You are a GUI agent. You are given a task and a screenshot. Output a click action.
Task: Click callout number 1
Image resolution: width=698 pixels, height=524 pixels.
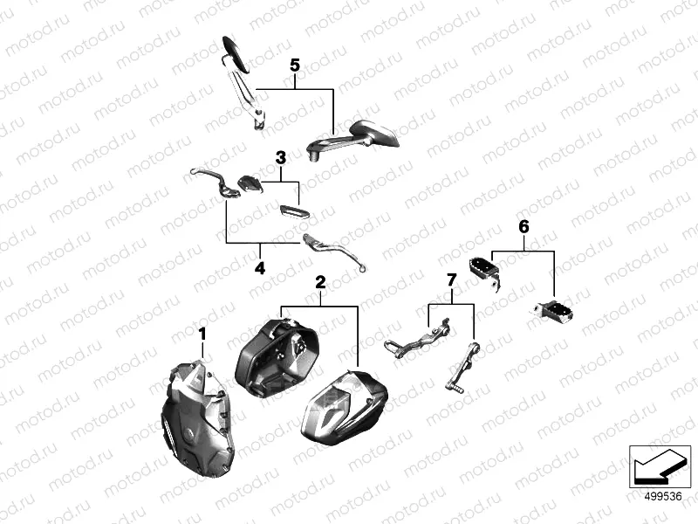[x=202, y=334]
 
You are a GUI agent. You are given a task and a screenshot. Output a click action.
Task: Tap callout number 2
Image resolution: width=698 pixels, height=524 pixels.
[x=320, y=282]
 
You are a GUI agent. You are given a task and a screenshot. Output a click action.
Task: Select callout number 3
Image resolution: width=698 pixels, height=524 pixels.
[x=281, y=158]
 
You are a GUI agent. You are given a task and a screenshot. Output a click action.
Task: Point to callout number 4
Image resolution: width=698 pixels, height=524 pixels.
[x=260, y=268]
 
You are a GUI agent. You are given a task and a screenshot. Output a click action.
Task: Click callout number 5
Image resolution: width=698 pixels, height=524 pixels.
[x=295, y=65]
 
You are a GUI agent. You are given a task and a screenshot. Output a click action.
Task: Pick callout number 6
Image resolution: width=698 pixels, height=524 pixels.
[x=524, y=227]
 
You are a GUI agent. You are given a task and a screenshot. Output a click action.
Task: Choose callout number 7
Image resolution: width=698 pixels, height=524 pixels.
[x=451, y=280]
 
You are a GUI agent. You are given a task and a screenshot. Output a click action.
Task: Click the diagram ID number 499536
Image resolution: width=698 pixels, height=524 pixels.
[x=663, y=497]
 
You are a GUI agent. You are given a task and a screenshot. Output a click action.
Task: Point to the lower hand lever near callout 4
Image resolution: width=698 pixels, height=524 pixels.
[x=334, y=252]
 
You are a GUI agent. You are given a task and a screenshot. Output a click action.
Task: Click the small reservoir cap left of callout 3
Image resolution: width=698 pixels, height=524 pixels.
[x=250, y=183]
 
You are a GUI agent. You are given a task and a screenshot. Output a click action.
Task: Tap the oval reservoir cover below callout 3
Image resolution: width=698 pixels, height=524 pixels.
[x=295, y=211]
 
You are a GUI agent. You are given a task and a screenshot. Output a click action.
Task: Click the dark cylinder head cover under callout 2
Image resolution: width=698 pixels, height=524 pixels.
[x=276, y=356]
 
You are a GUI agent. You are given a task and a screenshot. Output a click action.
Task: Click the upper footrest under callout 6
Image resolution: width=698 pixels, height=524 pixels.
[x=486, y=272]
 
